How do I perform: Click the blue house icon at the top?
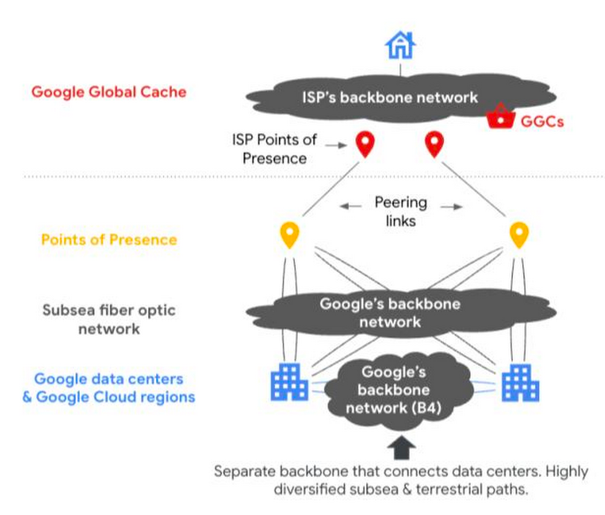tap(399, 45)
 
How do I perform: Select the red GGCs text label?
tap(542, 121)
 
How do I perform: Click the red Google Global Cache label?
tap(109, 92)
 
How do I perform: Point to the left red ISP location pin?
tap(365, 144)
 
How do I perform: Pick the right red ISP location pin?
tap(433, 144)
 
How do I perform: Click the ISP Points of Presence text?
tap(274, 149)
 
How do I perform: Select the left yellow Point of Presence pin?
tap(290, 235)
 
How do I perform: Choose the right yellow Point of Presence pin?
tap(518, 235)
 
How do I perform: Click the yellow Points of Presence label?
tap(109, 239)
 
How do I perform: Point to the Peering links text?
tap(401, 211)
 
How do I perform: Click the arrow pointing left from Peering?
tap(350, 207)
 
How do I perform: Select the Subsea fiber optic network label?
tap(109, 319)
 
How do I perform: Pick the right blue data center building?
tap(520, 382)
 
